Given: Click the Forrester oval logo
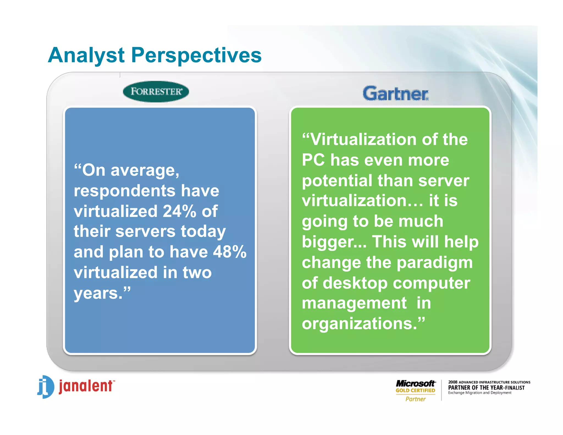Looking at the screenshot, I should point(156,92).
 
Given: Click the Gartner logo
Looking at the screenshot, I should point(395,93).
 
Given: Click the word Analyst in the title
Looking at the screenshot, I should point(86,55).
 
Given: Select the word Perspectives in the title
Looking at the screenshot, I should point(196,55).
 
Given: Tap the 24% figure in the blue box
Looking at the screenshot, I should point(179,211).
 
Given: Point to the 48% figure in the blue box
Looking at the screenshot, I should point(230,252).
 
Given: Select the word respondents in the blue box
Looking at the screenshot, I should point(125,191).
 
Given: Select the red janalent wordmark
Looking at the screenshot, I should point(86,386).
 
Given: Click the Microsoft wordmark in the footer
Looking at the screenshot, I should point(415,383).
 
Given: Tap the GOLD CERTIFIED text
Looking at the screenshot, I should point(415,390).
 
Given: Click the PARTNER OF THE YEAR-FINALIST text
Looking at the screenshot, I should point(486,388).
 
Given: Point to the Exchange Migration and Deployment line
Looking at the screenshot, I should point(479,393).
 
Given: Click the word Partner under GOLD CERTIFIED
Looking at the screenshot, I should point(415,399).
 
